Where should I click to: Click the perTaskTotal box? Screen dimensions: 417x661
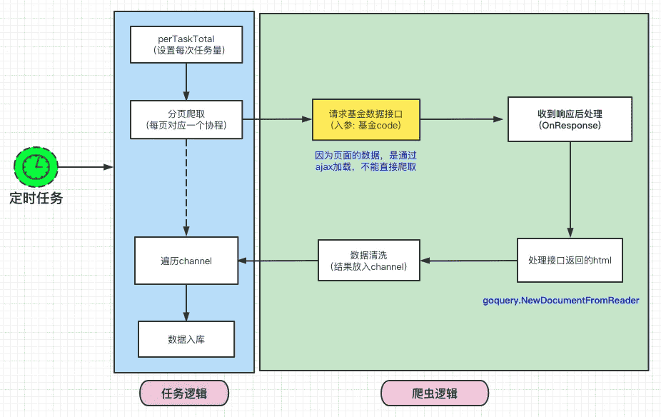(186, 44)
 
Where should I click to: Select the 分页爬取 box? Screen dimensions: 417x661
(186, 120)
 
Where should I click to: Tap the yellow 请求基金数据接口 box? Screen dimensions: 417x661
(365, 120)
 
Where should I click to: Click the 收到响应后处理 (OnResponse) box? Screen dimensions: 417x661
(570, 119)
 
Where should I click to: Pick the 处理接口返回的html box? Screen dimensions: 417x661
(570, 260)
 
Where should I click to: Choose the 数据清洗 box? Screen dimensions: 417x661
(368, 261)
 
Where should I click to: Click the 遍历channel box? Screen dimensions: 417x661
(186, 261)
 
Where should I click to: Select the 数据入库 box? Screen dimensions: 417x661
(186, 339)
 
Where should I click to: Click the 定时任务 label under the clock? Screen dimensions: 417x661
(36, 198)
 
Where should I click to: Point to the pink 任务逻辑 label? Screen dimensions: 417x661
(184, 393)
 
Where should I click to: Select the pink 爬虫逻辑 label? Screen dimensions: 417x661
(435, 394)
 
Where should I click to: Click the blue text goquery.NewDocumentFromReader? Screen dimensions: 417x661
(561, 301)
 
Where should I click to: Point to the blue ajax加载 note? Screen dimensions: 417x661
(365, 161)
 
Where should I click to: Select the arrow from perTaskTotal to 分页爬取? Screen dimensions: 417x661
(186, 81)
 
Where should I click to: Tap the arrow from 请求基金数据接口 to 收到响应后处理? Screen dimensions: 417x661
(463, 120)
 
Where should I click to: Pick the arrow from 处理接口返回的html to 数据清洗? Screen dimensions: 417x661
(468, 261)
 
